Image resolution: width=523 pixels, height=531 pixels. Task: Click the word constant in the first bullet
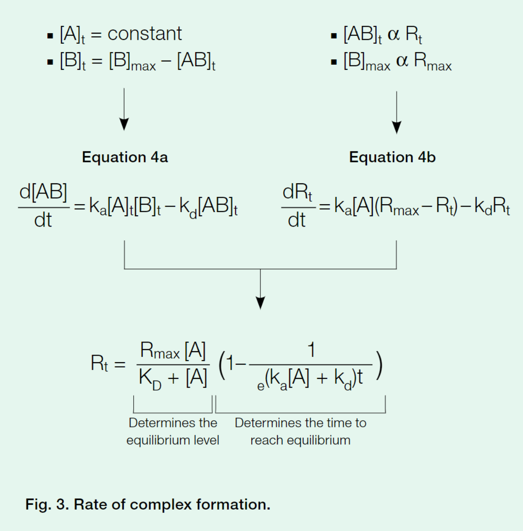[x=144, y=34]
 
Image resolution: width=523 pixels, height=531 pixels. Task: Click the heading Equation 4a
[x=125, y=157]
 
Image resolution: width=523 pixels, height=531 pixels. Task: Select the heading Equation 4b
[x=392, y=157]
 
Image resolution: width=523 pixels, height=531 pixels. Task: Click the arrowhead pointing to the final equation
[x=260, y=303]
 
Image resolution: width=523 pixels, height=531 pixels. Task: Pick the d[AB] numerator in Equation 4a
[x=43, y=192]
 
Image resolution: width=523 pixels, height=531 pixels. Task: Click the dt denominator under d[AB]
[x=43, y=220]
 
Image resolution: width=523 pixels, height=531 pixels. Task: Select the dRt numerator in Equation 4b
[x=298, y=192]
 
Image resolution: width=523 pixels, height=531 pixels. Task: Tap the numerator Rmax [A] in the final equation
[x=173, y=351]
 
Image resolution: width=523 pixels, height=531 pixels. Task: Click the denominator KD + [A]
[x=173, y=378]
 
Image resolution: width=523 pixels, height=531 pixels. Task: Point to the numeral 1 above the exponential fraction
[x=311, y=350]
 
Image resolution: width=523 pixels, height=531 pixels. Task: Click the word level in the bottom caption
[x=206, y=440]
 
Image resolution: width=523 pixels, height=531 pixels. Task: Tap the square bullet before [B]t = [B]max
[x=50, y=62]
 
